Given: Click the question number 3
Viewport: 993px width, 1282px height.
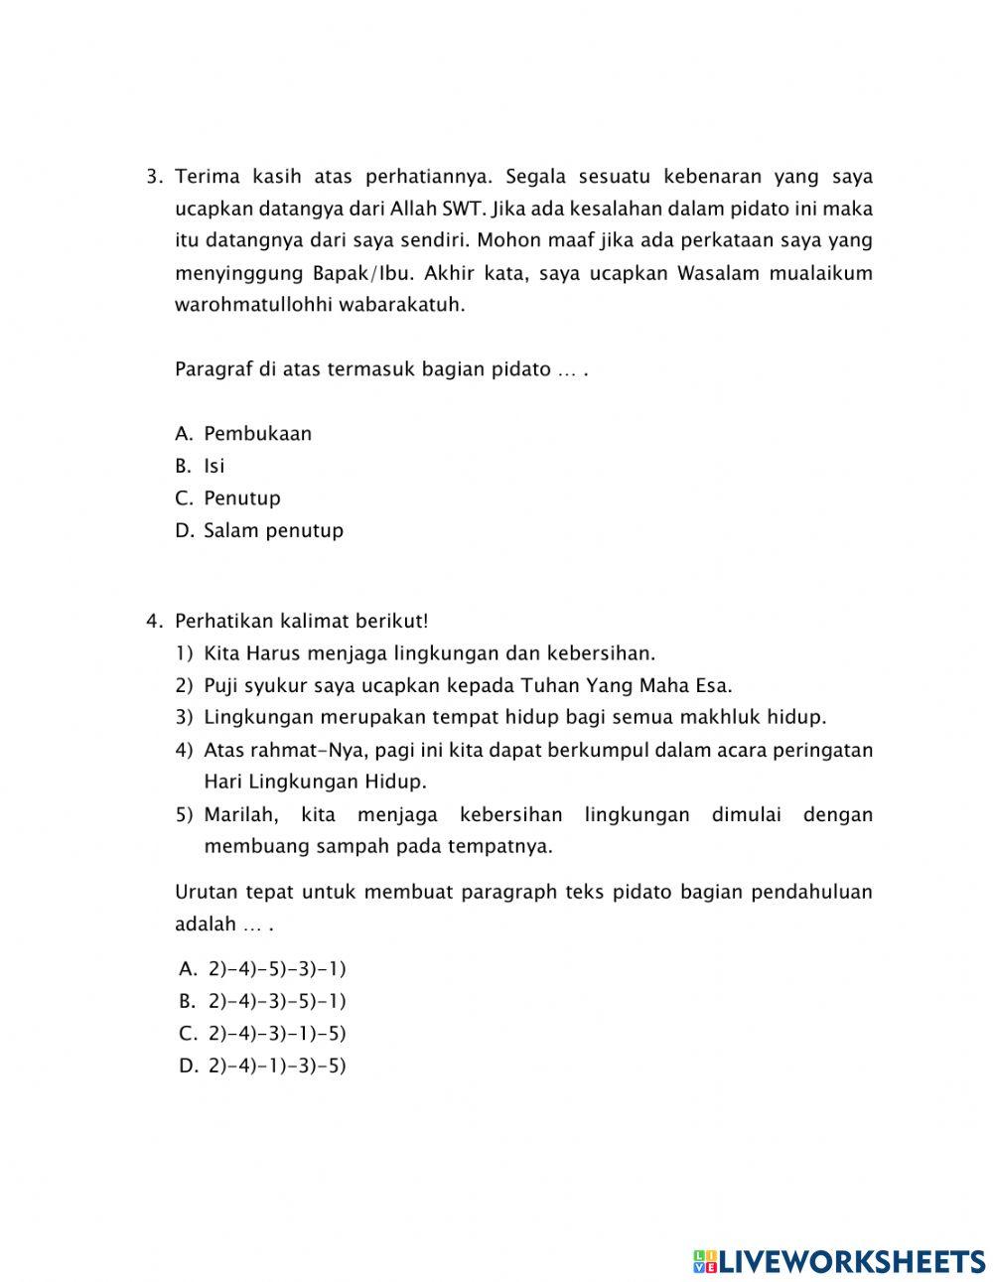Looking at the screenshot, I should [x=153, y=178].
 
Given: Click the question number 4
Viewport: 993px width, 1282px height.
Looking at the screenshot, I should [x=153, y=622].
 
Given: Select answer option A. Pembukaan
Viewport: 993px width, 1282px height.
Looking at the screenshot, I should [x=257, y=434].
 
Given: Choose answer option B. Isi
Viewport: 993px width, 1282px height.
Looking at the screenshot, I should [x=213, y=466].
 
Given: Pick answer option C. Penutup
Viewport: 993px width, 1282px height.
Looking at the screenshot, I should [x=241, y=499].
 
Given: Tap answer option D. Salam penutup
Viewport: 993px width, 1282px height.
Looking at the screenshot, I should [x=273, y=530].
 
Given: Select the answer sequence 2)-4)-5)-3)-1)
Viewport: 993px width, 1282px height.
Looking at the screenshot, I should [x=277, y=969].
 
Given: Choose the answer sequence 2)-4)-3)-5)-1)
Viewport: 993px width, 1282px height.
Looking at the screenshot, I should [x=277, y=1001].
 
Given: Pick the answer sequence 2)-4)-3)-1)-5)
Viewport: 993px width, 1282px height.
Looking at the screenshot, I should [x=277, y=1034].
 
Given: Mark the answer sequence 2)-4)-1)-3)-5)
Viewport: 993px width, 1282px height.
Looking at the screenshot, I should [x=277, y=1067].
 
